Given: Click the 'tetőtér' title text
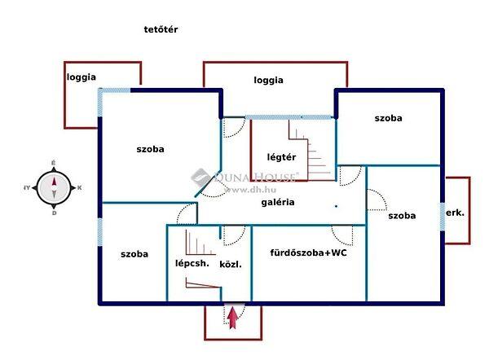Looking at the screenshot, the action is [x=161, y=29].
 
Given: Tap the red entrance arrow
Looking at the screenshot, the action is [x=232, y=318].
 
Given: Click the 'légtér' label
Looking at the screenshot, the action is [x=281, y=157].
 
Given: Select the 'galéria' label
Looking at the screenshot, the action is [x=278, y=202].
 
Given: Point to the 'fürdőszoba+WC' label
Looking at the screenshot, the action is [x=308, y=252].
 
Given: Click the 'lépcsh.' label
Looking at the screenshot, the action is [x=192, y=263].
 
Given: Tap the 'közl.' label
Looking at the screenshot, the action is [x=231, y=265].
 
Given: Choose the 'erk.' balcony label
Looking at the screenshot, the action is [x=455, y=213].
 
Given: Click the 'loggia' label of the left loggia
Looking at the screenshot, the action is [x=81, y=77].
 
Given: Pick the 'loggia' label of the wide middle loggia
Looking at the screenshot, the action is [x=268, y=80].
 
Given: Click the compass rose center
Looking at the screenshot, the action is [x=54, y=187].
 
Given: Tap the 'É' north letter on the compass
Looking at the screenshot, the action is [x=54, y=163].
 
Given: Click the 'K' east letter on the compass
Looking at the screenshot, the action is [x=80, y=187].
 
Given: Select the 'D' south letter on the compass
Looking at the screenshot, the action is [x=55, y=213].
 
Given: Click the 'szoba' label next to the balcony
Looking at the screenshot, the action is [x=402, y=216].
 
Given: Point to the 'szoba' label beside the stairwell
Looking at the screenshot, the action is [x=134, y=254].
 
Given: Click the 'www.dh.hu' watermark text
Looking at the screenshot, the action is [x=250, y=189].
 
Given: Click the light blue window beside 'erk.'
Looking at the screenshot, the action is [x=443, y=217].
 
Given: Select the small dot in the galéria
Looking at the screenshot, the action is [x=336, y=206].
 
